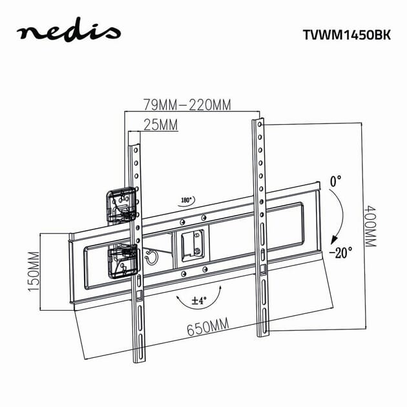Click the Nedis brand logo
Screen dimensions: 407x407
69,32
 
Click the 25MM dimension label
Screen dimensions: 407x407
160,125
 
